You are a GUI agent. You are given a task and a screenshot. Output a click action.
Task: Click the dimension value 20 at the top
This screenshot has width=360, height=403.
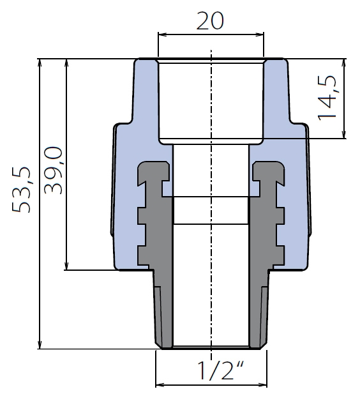tap(210, 20)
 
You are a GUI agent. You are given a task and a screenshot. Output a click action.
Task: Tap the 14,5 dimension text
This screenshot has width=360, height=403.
tap(327, 98)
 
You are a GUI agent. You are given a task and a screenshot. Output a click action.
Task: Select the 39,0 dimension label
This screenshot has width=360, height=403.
tap(53, 170)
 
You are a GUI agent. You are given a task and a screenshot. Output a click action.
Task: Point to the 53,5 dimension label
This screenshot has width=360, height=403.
tap(21, 190)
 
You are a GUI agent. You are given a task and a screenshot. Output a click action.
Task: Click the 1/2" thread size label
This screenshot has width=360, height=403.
tap(220, 370)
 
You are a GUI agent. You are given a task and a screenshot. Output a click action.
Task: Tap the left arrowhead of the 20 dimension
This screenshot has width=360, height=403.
tap(161, 34)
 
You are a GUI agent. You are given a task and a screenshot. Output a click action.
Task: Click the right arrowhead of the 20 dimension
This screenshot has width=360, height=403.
tap(260, 34)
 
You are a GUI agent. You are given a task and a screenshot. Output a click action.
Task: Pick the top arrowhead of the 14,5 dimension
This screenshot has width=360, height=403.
tap(344, 63)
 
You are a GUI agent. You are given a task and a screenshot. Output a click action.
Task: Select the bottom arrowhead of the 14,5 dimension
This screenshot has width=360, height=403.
tap(344, 135)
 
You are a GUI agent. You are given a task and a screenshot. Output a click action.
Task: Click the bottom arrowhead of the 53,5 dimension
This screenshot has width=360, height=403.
tap(40, 345)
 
